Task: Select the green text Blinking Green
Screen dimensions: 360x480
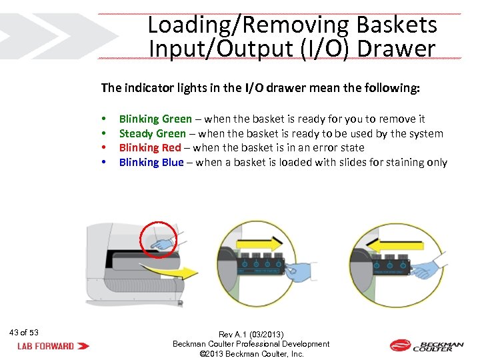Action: pyautogui.click(x=155, y=119)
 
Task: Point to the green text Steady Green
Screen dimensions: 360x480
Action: pyautogui.click(x=152, y=133)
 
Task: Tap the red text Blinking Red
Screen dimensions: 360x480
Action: pyautogui.click(x=149, y=147)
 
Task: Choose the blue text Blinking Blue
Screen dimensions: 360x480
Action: pyautogui.click(x=151, y=162)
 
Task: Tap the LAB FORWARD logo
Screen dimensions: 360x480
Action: pyautogui.click(x=53, y=346)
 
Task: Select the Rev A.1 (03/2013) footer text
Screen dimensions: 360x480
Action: pyautogui.click(x=251, y=334)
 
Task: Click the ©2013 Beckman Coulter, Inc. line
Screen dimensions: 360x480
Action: pyautogui.click(x=251, y=353)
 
